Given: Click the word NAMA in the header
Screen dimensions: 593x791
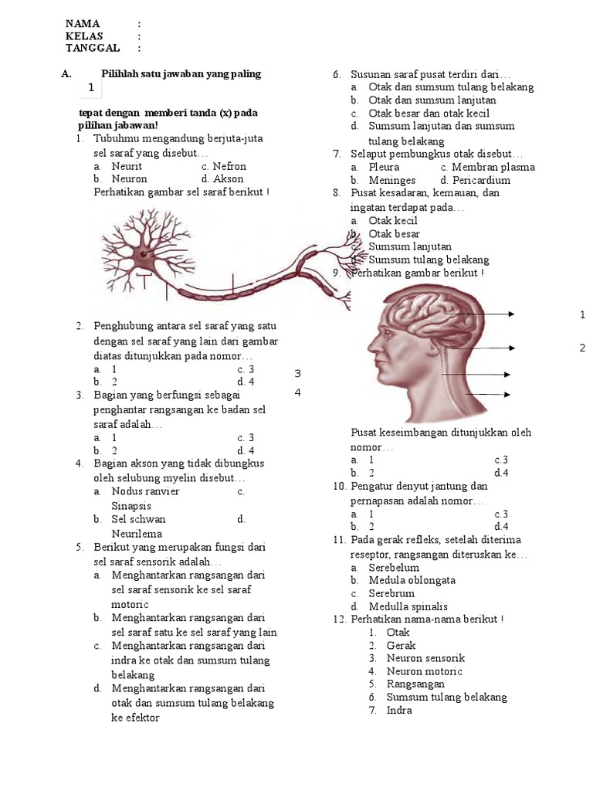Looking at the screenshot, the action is pos(83,23).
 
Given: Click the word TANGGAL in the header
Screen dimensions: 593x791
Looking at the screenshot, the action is pos(93,48).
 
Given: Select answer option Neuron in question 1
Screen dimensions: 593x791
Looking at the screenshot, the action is pos(129,179).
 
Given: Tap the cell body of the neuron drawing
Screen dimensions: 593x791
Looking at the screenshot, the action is pos(143,250).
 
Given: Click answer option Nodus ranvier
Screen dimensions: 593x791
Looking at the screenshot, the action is pos(145,491).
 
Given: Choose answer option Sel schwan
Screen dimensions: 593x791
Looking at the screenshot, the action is pos(139,519).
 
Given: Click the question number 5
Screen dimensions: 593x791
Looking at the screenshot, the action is pos(80,548).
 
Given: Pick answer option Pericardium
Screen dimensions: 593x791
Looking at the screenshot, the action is pos(483,181).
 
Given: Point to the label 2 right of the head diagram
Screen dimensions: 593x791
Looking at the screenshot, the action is pos(582,348).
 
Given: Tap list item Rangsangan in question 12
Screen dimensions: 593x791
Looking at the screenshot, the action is pos(415,684).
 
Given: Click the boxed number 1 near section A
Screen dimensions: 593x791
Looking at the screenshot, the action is pos(92,88).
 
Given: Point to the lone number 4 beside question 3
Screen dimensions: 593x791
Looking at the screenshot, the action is pos(297,392).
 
